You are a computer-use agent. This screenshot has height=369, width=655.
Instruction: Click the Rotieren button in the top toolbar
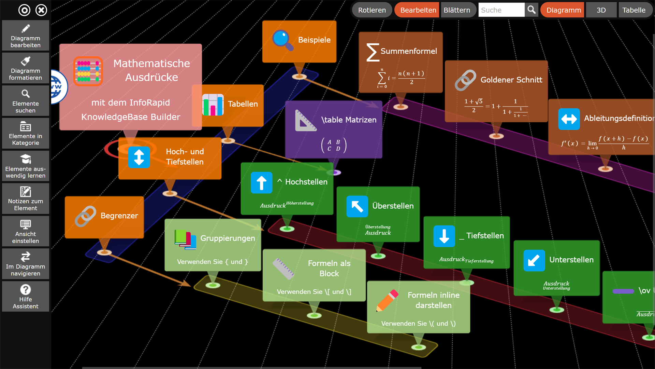pyautogui.click(x=372, y=10)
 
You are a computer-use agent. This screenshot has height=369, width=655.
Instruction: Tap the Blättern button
pyautogui.click(x=457, y=10)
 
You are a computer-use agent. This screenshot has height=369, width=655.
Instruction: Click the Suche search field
pyautogui.click(x=501, y=10)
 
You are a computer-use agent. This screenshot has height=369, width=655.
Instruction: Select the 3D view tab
pyautogui.click(x=601, y=10)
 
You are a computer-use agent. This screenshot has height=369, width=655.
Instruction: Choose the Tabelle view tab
pyautogui.click(x=634, y=10)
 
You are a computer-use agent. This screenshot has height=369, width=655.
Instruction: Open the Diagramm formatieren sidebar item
pyautogui.click(x=26, y=69)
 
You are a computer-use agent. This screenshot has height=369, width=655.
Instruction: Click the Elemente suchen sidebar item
pyautogui.click(x=26, y=101)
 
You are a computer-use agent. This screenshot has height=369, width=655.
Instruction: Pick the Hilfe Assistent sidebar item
pyautogui.click(x=26, y=297)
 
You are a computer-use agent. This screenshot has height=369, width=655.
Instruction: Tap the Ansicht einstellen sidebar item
pyautogui.click(x=26, y=232)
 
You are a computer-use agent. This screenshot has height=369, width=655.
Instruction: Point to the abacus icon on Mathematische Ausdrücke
pyautogui.click(x=88, y=71)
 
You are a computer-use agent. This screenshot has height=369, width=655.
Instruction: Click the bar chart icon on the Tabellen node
pyautogui.click(x=213, y=105)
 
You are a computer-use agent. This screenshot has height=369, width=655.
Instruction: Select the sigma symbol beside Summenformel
pyautogui.click(x=372, y=52)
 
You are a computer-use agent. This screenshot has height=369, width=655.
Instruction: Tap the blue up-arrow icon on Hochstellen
pyautogui.click(x=261, y=183)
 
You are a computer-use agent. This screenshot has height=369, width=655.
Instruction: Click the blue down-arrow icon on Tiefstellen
pyautogui.click(x=444, y=236)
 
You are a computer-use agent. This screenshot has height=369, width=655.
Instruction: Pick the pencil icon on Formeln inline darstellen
pyautogui.click(x=387, y=300)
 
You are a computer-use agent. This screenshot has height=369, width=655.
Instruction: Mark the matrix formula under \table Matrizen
pyautogui.click(x=334, y=145)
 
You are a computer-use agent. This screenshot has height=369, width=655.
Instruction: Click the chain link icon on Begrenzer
pyautogui.click(x=85, y=216)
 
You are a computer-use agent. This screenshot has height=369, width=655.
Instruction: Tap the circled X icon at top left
pyautogui.click(x=41, y=10)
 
